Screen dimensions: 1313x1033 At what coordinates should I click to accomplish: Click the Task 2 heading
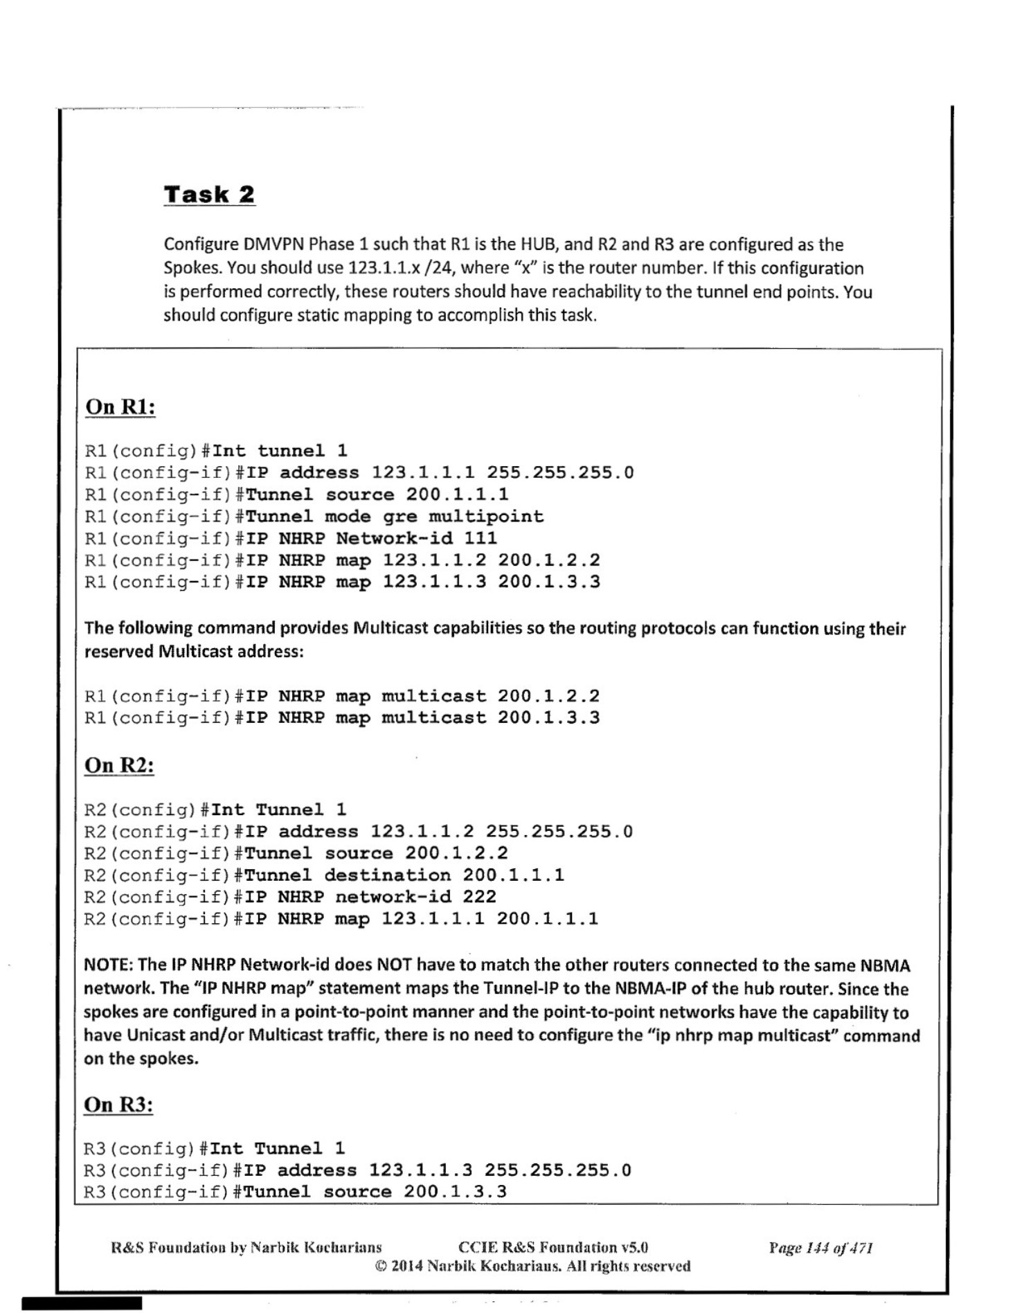click(x=209, y=195)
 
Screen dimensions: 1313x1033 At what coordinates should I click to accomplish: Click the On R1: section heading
click(x=120, y=407)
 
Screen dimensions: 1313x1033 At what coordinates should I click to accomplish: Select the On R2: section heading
click(x=119, y=765)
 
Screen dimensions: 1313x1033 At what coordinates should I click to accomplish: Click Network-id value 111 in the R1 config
click(x=480, y=538)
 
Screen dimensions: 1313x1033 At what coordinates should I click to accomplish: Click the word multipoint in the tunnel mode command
click(x=486, y=517)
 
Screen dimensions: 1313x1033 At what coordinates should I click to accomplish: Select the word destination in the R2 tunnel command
click(x=387, y=875)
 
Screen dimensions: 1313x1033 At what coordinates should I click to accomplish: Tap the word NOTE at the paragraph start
click(x=108, y=965)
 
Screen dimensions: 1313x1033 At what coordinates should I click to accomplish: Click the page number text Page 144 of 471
click(x=820, y=1248)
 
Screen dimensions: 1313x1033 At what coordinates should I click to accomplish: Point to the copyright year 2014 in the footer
click(x=407, y=1266)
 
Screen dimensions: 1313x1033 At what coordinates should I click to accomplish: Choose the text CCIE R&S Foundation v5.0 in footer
click(x=553, y=1248)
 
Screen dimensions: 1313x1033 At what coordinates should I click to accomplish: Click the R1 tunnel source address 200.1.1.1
click(x=457, y=494)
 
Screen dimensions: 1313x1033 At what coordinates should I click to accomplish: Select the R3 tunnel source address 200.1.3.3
click(x=455, y=1192)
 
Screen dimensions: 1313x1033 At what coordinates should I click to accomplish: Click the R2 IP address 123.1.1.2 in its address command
click(x=422, y=832)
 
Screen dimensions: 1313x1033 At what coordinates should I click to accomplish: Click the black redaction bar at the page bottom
click(x=82, y=1303)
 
